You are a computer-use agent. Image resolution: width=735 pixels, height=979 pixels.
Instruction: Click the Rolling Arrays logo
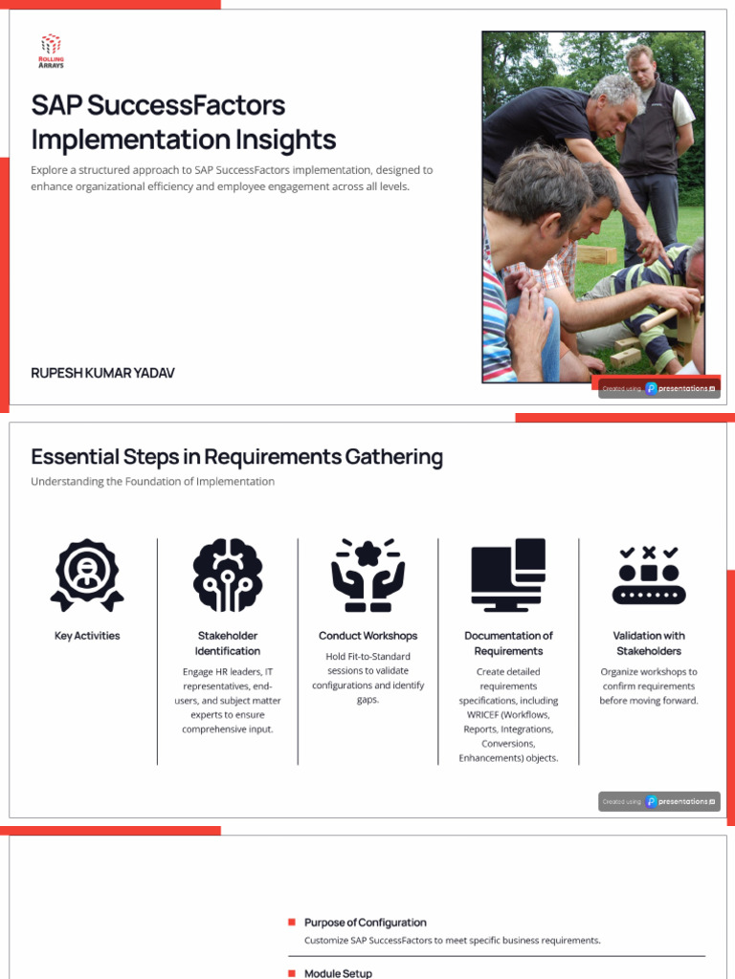(51, 49)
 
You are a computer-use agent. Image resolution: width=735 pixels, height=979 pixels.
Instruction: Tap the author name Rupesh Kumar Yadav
(102, 373)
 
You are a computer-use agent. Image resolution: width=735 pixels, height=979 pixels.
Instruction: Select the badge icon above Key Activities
(87, 575)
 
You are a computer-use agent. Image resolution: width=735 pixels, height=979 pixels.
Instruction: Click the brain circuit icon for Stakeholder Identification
(228, 575)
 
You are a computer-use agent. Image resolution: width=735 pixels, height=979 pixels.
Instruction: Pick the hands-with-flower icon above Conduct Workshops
(367, 575)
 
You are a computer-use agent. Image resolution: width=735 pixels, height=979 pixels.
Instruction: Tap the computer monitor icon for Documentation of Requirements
(508, 575)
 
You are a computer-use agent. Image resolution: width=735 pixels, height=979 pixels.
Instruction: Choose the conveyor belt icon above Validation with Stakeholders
(649, 575)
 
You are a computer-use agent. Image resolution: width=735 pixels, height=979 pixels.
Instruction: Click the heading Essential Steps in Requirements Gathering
(236, 457)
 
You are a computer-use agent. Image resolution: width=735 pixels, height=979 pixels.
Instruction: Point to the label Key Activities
(87, 636)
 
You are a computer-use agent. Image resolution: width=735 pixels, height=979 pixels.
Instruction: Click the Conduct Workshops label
(367, 636)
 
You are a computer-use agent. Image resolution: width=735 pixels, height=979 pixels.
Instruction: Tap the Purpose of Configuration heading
(365, 923)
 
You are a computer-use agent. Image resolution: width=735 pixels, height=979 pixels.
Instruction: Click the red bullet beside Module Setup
(292, 973)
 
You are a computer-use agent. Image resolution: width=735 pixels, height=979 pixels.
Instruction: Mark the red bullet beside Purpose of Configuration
(292, 923)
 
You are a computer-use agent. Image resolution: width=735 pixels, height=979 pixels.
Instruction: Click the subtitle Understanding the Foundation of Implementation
(152, 482)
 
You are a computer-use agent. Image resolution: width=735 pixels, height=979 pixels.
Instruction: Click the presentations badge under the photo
(659, 389)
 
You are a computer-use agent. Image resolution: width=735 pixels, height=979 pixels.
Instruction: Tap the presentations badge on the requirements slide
(659, 802)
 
